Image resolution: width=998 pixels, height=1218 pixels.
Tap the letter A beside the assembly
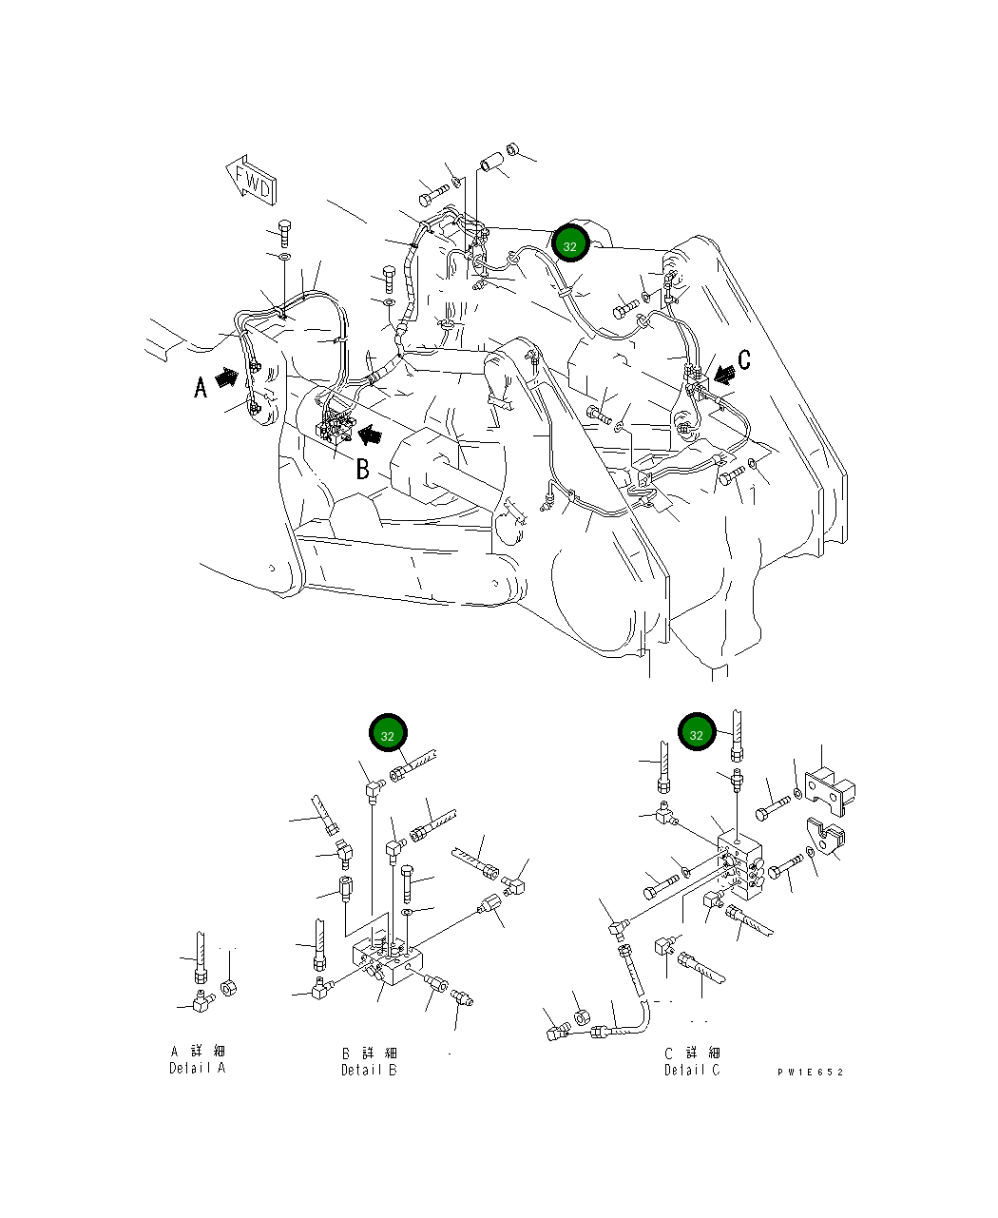coord(201,387)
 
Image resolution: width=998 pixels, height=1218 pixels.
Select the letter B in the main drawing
coord(362,469)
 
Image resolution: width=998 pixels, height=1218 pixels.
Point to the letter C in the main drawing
coord(744,359)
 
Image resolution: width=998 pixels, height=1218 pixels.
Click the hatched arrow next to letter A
coord(227,378)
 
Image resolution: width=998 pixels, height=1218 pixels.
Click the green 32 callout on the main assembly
coord(570,246)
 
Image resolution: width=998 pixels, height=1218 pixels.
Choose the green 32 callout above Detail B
coord(388,735)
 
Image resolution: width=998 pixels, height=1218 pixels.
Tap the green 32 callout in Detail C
coord(696,734)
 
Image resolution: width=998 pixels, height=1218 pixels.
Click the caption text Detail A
coord(198,1059)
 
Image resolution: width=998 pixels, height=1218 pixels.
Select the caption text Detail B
coord(370,1061)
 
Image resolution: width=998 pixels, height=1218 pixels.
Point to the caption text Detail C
coord(692,1061)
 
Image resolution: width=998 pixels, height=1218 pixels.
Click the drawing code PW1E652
coord(810,1072)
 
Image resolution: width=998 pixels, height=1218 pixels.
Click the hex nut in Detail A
coord(228,987)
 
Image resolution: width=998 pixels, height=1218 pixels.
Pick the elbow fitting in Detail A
coord(201,999)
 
